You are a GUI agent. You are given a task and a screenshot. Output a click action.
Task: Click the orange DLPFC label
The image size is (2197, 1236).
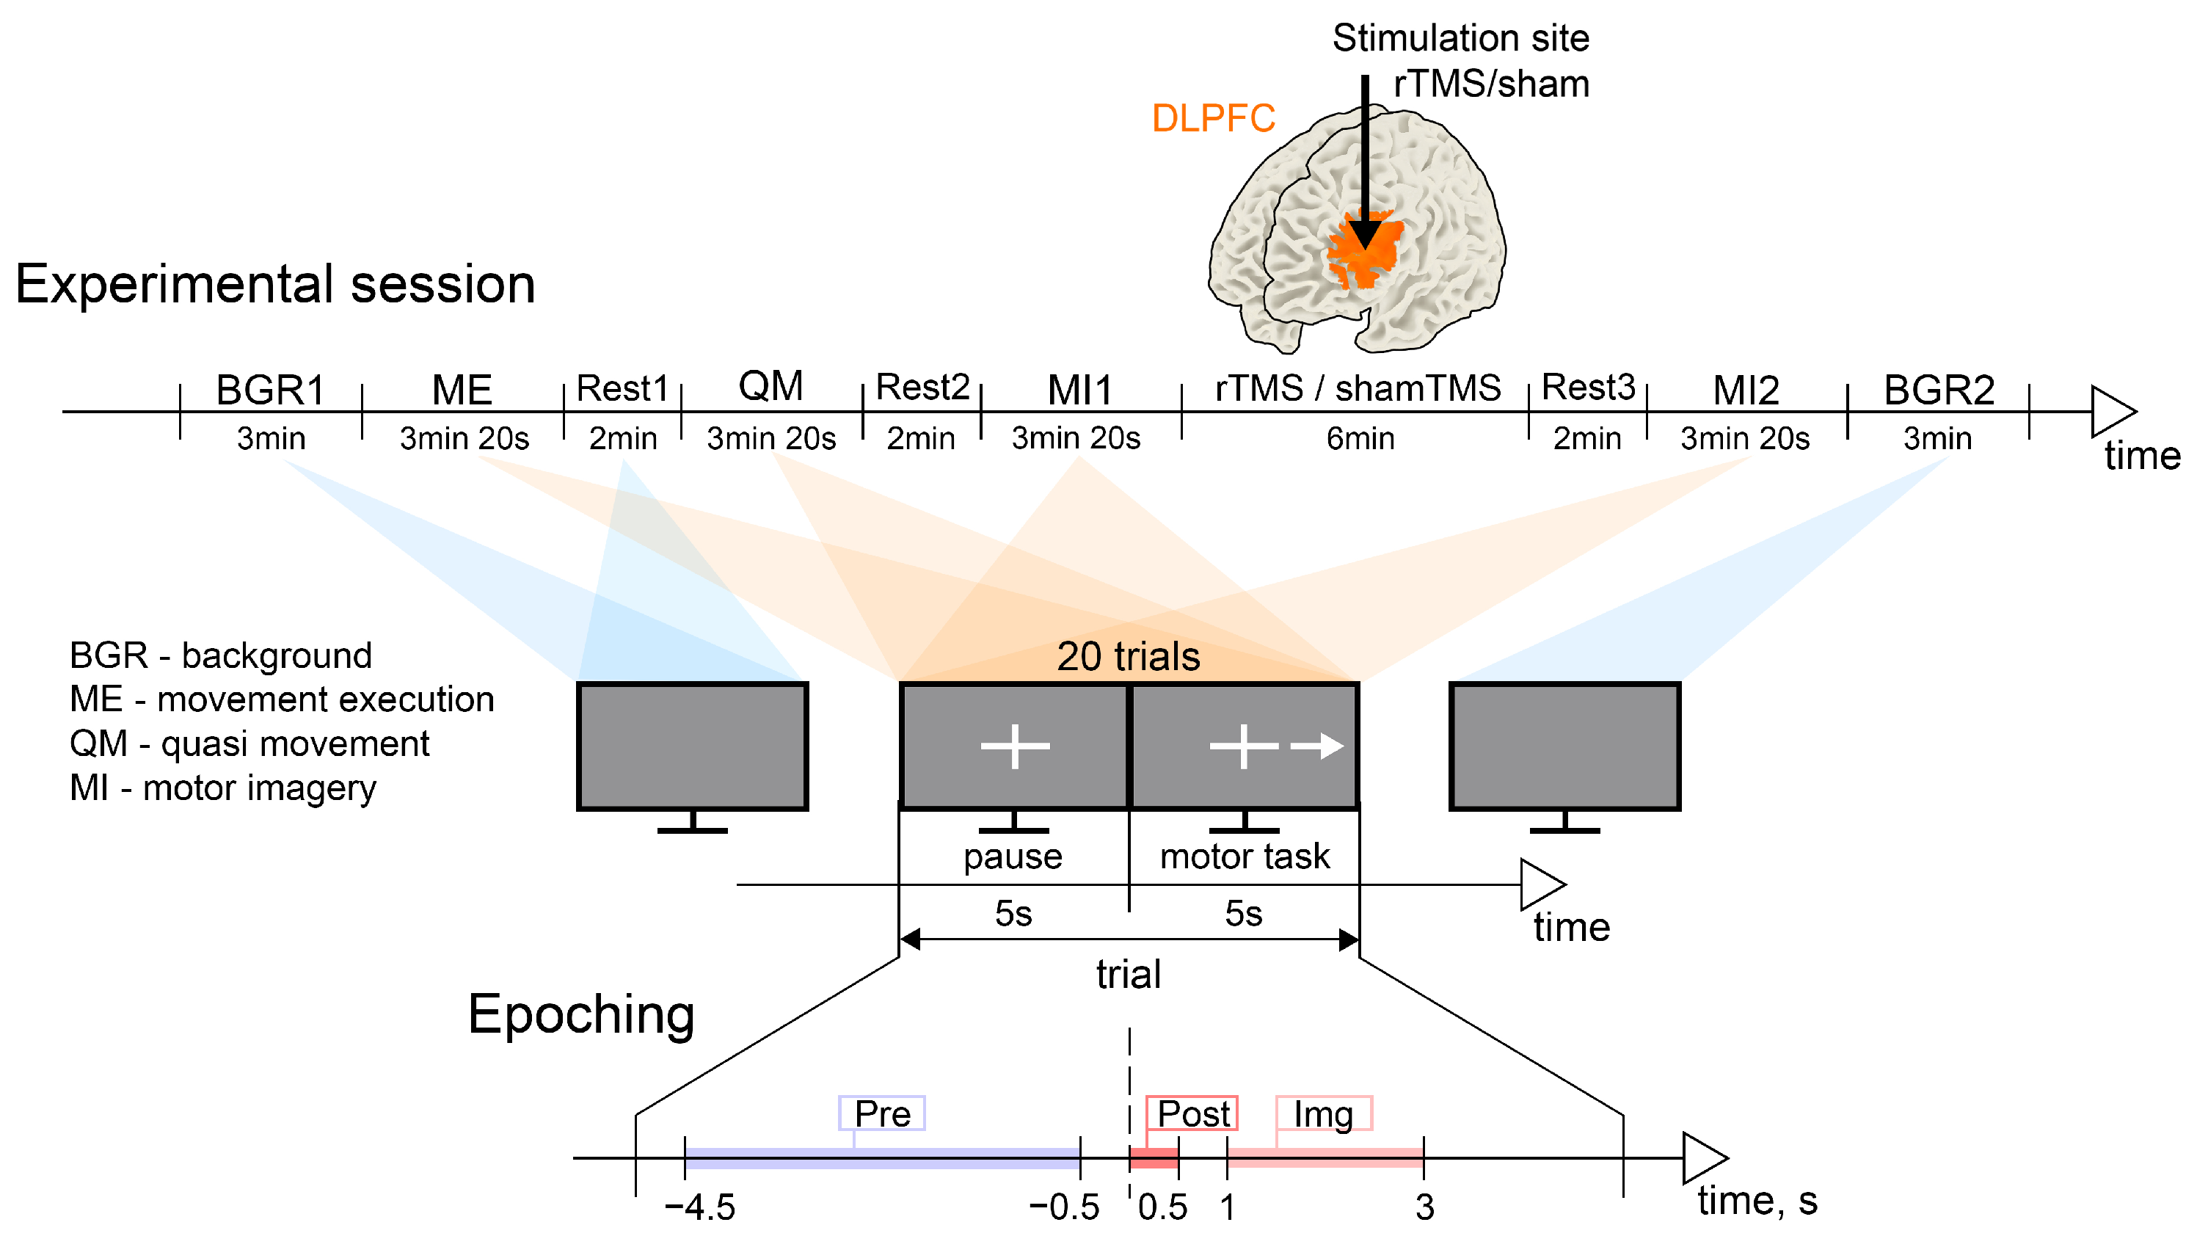(1213, 119)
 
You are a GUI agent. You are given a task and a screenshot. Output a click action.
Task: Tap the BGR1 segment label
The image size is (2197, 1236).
(270, 390)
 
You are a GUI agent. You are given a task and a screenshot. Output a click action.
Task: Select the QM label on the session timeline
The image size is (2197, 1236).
(771, 386)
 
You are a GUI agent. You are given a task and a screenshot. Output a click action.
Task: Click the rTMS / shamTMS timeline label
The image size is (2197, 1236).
(1358, 388)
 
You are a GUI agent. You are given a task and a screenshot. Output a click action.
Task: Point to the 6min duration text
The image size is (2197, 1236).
(1360, 438)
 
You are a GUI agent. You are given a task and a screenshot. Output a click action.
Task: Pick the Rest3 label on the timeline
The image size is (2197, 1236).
(1588, 388)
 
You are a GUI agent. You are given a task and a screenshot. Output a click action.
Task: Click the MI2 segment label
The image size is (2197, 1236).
(1746, 390)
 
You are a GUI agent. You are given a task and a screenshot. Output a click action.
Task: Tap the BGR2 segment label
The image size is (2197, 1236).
(1939, 390)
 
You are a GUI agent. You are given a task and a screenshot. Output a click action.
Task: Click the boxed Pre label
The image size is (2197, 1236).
(882, 1113)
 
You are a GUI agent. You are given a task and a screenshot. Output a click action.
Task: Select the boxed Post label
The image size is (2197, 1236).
(1192, 1113)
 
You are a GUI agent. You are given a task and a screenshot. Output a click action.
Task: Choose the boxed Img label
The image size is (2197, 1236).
(1323, 1113)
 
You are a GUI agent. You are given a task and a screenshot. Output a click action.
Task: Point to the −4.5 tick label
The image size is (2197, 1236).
(699, 1207)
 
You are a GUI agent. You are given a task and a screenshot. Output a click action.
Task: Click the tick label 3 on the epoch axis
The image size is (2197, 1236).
(1424, 1207)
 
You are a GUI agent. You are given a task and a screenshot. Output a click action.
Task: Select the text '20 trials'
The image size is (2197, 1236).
(1128, 657)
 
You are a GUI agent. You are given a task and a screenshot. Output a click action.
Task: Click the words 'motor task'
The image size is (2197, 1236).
(1245, 857)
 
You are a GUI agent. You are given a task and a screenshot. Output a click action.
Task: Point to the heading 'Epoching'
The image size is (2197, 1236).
(581, 1014)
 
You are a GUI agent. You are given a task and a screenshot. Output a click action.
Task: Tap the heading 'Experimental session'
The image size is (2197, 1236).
(274, 284)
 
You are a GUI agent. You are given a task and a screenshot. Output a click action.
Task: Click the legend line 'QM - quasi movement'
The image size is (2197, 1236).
(249, 744)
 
